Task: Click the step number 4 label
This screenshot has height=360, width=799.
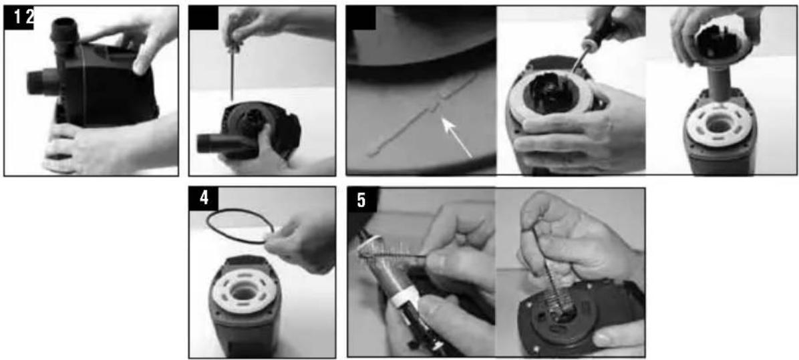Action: pos(204,198)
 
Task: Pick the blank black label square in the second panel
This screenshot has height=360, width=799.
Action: pos(203,18)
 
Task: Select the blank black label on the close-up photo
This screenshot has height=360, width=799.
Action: pos(361,18)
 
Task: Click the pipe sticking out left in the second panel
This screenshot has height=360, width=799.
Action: pos(214,143)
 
